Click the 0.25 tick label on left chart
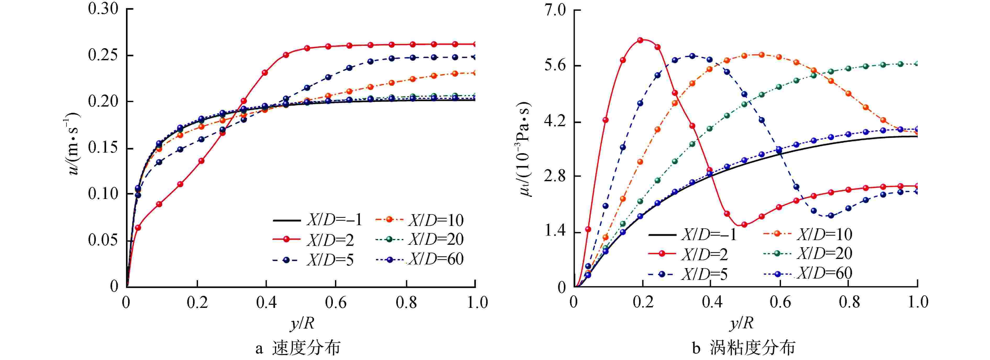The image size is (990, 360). click(103, 55)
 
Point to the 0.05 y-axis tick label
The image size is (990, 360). click(103, 240)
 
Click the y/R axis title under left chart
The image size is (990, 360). click(302, 324)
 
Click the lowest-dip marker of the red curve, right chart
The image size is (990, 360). click(744, 225)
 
